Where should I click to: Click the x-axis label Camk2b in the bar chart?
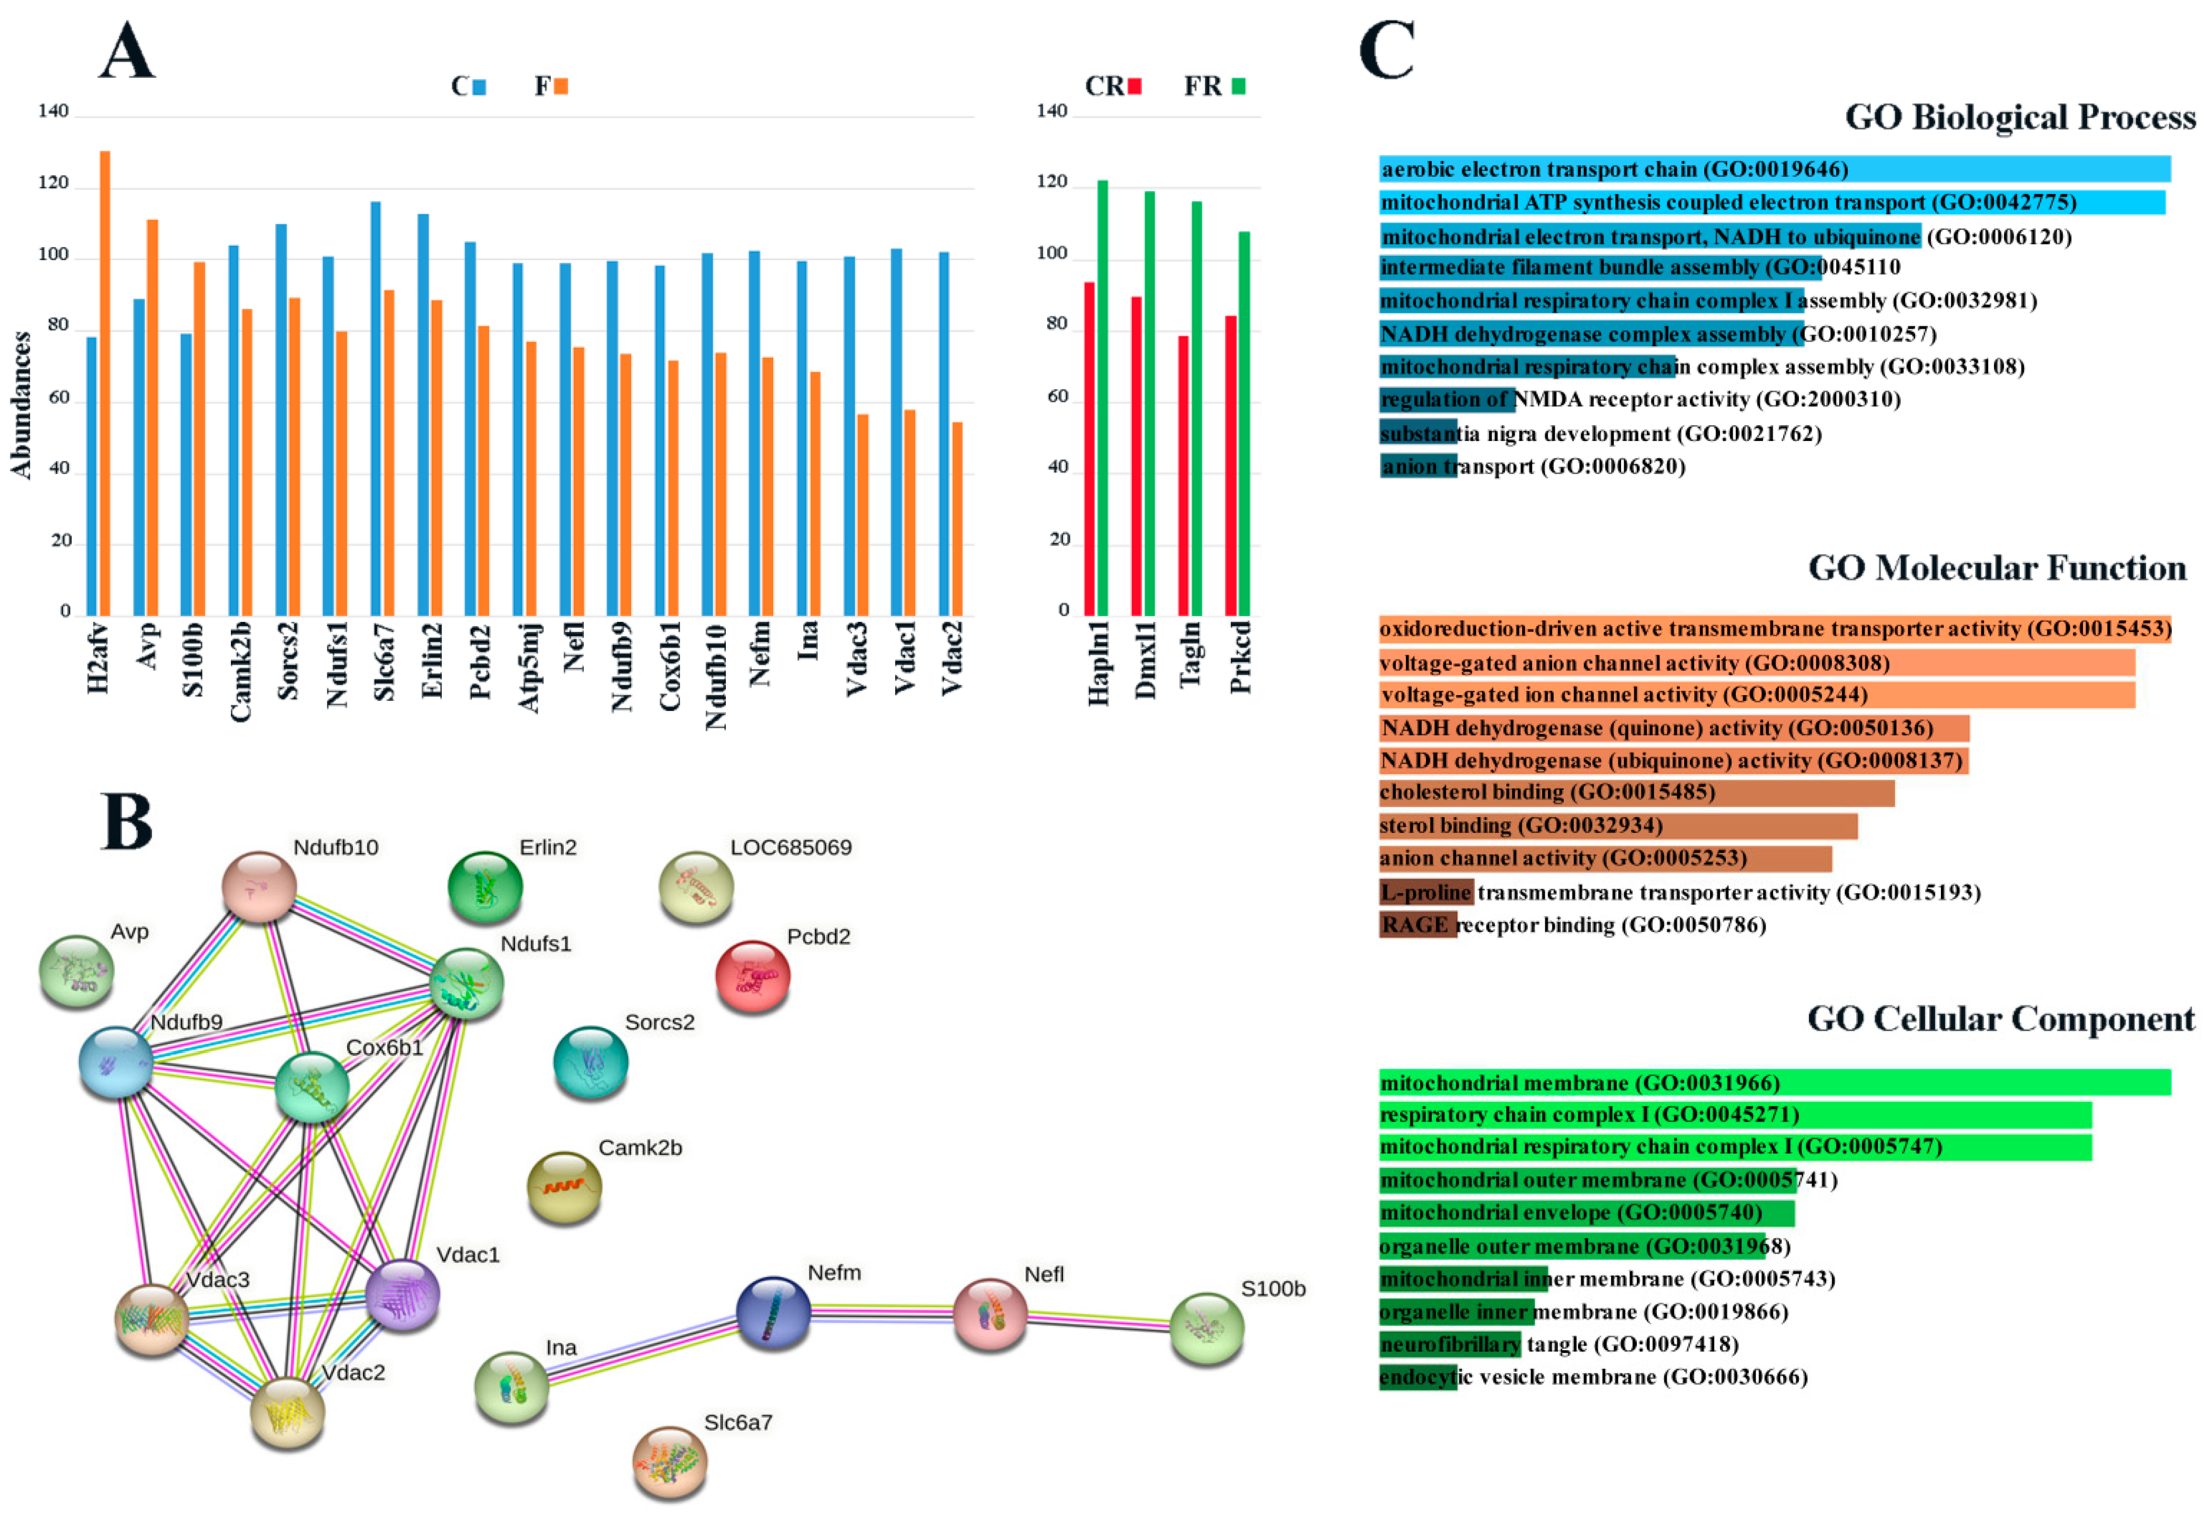click(x=240, y=670)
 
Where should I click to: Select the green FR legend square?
click(x=1238, y=86)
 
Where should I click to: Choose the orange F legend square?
click(x=561, y=86)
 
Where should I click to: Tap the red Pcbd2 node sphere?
click(x=752, y=975)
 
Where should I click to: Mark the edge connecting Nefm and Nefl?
click(x=882, y=1313)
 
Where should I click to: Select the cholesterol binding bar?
click(x=1635, y=792)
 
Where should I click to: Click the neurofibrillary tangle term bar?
click(x=1450, y=1344)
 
